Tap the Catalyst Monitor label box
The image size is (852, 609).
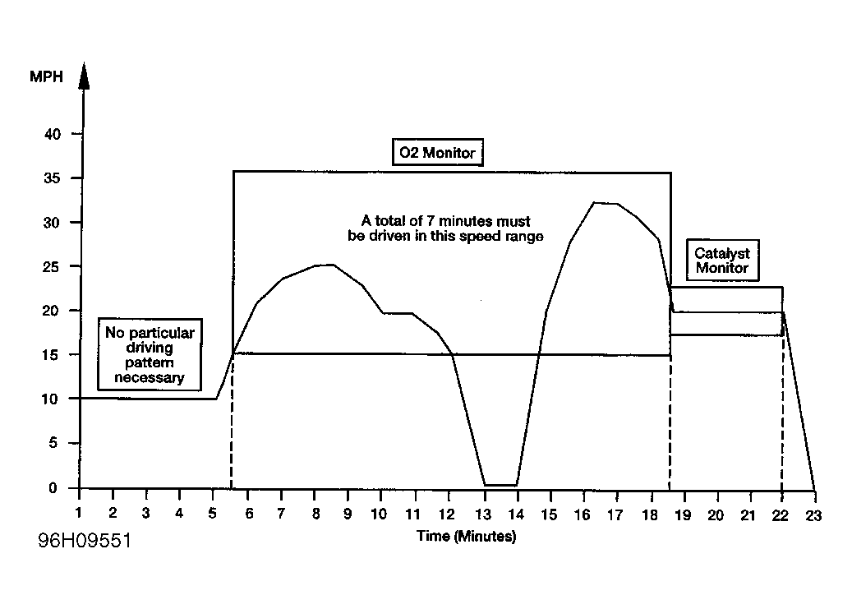click(x=721, y=261)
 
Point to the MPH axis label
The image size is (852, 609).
click(x=47, y=77)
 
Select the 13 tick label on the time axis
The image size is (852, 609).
click(x=484, y=514)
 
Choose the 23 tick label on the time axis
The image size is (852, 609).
click(x=814, y=514)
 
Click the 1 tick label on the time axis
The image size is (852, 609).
click(x=80, y=514)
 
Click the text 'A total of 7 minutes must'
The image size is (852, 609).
click(x=446, y=221)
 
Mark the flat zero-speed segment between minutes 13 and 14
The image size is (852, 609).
click(x=501, y=485)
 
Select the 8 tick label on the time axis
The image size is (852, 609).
click(x=315, y=514)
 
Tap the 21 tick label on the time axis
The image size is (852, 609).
click(x=747, y=514)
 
